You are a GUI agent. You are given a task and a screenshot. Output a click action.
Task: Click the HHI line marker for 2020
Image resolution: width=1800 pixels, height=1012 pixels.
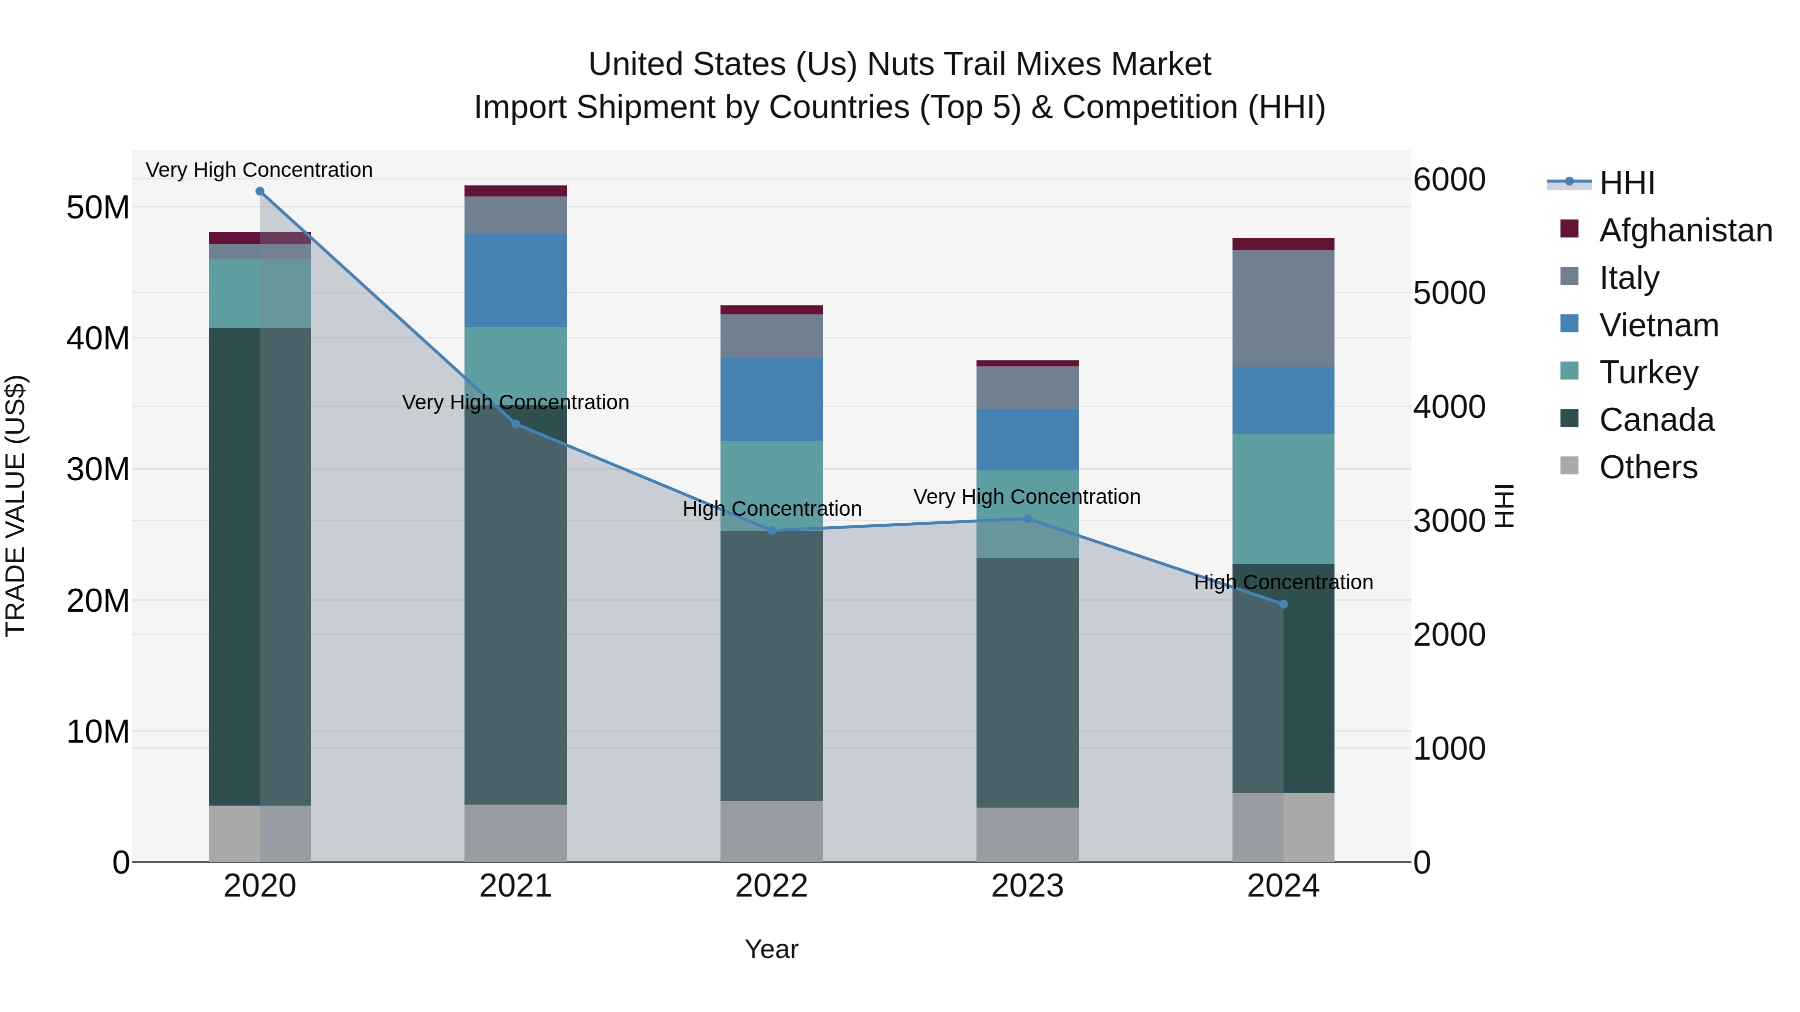(x=260, y=191)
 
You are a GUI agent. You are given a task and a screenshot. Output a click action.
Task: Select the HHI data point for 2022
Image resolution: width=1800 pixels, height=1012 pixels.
(x=771, y=531)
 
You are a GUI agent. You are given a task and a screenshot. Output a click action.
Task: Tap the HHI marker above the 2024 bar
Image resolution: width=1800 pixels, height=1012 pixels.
(x=1283, y=604)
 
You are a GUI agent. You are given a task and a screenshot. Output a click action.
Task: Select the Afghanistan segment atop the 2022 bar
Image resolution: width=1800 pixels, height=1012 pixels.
(x=771, y=310)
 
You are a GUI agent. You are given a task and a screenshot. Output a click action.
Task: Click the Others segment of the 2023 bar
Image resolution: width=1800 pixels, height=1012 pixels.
(x=1027, y=835)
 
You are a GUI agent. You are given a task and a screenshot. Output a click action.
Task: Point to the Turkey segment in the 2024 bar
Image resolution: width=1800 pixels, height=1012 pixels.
(x=1283, y=499)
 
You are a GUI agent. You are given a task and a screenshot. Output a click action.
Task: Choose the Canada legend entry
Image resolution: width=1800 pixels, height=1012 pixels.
(x=1656, y=420)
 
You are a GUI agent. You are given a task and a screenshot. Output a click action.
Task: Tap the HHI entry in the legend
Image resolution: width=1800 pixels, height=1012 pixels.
(x=1626, y=183)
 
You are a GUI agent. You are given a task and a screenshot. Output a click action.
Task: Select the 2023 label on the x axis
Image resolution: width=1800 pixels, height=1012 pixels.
(x=1027, y=886)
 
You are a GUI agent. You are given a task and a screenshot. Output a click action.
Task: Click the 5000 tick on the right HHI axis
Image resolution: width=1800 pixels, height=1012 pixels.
(x=1448, y=293)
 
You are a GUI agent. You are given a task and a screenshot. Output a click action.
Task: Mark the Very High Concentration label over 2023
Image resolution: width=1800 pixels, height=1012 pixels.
(x=1026, y=497)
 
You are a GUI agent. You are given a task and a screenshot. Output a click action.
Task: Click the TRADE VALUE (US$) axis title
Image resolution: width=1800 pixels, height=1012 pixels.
(x=15, y=506)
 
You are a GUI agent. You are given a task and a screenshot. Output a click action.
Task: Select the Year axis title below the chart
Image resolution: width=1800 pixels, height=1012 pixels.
(x=771, y=949)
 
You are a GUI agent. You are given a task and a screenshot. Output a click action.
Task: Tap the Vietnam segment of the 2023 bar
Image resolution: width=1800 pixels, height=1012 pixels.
(x=1027, y=439)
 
